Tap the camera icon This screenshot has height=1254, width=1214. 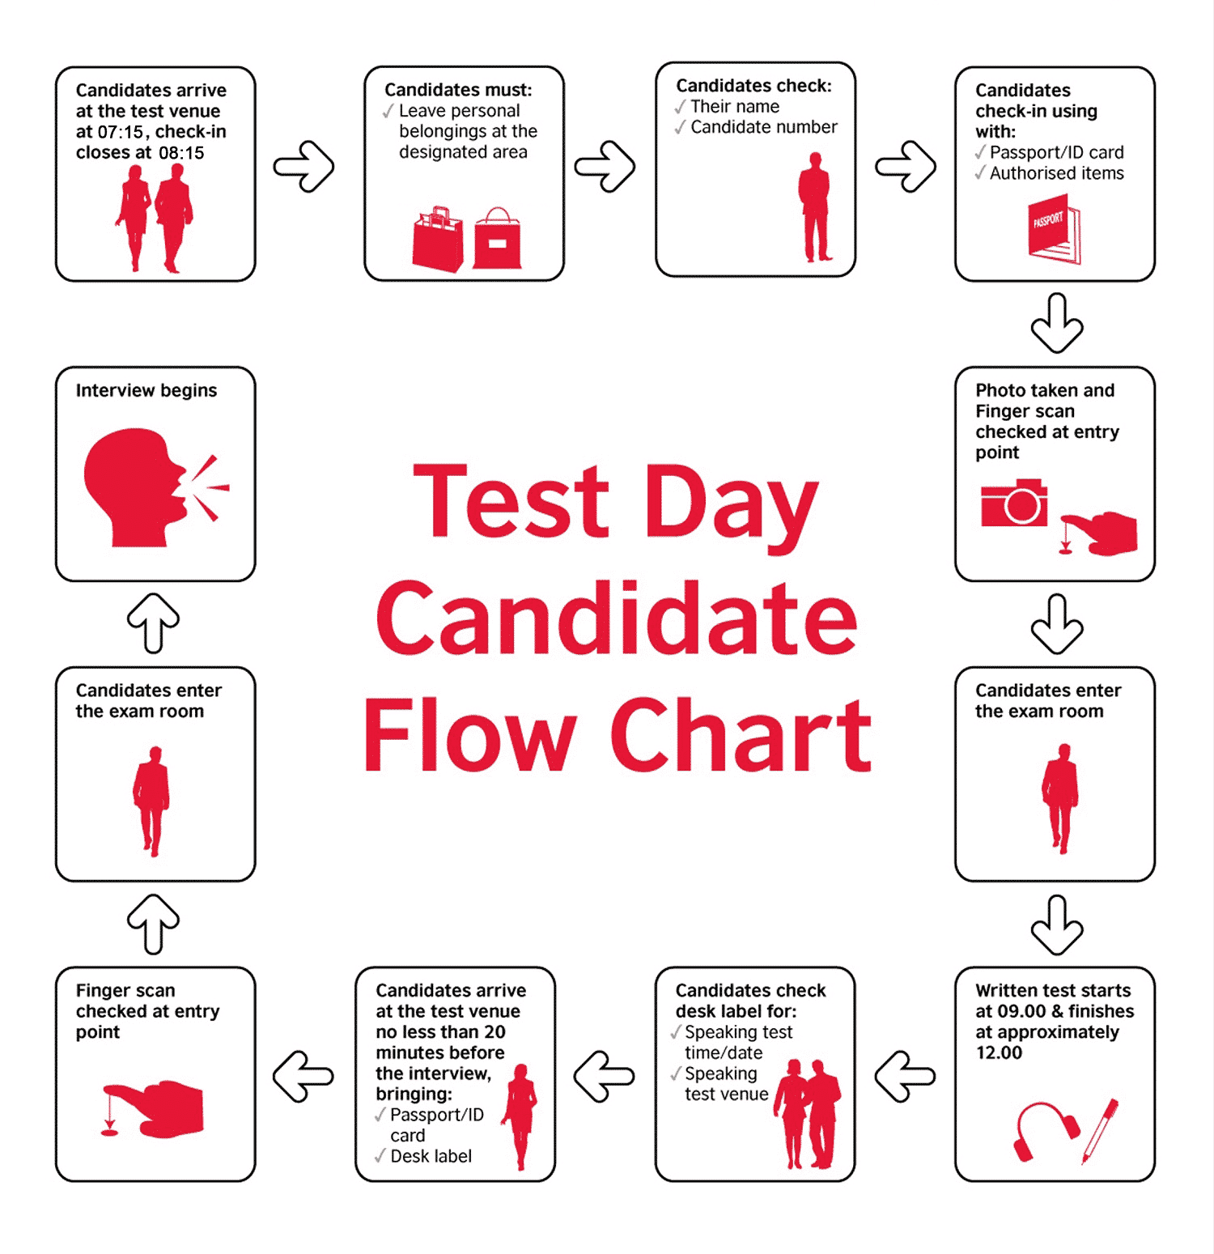click(x=1014, y=503)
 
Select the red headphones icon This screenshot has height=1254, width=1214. click(x=1046, y=1130)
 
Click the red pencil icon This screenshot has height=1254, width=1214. click(x=1101, y=1131)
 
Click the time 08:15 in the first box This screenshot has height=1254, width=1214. click(x=181, y=153)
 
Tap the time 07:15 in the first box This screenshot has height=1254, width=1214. click(x=121, y=132)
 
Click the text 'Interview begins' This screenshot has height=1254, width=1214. click(x=146, y=391)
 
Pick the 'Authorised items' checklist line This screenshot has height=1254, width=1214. click(x=1050, y=173)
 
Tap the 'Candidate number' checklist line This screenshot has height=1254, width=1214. click(x=756, y=127)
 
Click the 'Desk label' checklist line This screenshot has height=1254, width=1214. click(x=423, y=1156)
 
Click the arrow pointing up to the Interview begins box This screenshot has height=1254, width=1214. click(x=154, y=623)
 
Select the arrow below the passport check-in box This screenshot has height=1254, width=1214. click(x=1057, y=323)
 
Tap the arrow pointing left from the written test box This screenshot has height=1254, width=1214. click(x=905, y=1077)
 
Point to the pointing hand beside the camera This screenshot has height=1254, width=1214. click(x=1098, y=533)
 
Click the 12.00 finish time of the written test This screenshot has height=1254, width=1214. click(x=999, y=1053)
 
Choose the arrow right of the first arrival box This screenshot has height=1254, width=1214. click(x=303, y=167)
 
